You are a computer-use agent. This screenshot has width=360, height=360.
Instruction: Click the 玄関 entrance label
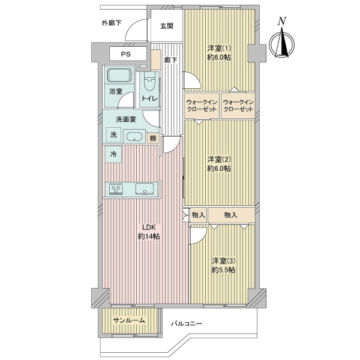point(166,26)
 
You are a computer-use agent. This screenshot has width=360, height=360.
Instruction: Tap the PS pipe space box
point(128,54)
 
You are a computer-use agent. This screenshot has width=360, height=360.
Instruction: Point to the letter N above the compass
point(282,21)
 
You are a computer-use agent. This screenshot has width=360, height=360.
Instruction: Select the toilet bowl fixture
point(149,82)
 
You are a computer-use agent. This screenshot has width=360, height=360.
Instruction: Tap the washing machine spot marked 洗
point(113,135)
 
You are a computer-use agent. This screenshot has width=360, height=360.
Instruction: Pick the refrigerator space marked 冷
point(113,154)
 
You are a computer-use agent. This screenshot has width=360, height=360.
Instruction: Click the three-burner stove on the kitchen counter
point(116,189)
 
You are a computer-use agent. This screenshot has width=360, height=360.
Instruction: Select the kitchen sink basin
point(145,189)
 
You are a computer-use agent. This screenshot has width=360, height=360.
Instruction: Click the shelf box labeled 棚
point(153,138)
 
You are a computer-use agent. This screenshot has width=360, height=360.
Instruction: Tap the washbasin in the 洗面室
point(134,136)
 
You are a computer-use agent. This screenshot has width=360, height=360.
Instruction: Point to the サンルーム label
point(129,320)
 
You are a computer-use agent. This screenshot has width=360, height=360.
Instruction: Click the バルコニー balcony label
point(187,324)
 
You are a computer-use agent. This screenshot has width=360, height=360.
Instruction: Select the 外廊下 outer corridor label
point(112,23)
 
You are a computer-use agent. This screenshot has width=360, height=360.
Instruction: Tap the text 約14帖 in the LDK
point(149,236)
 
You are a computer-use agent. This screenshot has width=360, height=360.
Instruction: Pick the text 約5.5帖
point(223,270)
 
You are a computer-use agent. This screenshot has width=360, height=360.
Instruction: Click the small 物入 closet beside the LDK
point(199,215)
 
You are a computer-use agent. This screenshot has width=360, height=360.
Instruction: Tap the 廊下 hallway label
point(171,60)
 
